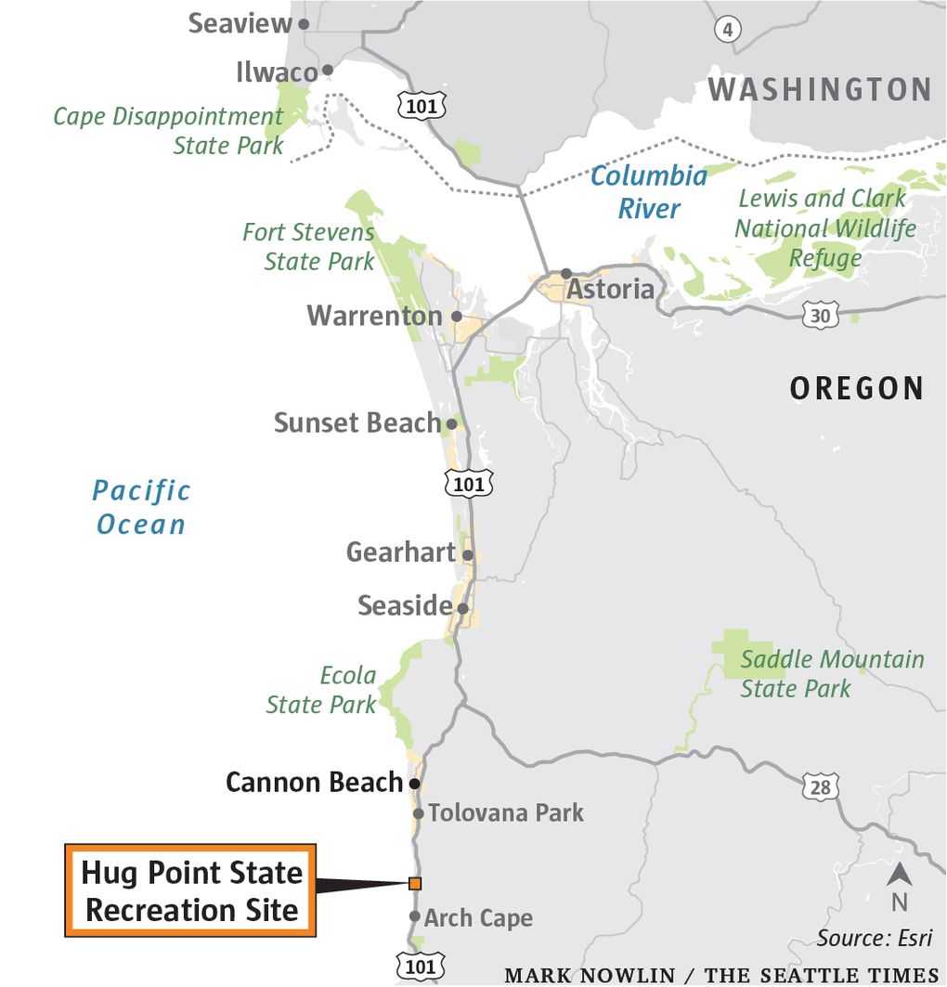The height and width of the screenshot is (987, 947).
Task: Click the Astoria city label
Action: [x=610, y=290]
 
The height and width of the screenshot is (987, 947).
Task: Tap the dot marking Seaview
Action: [x=304, y=23]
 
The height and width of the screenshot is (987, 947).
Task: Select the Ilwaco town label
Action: [x=276, y=71]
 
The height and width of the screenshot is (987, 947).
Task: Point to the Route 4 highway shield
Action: [x=728, y=30]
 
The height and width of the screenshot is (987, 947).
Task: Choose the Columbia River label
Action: [x=649, y=192]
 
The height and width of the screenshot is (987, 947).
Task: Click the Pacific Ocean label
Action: [x=142, y=507]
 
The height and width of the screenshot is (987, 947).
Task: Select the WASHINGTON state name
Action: [x=820, y=90]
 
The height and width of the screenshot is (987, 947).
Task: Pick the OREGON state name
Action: [x=856, y=388]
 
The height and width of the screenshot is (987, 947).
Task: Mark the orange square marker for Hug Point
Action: [x=414, y=883]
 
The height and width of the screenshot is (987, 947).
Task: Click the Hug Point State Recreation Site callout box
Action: [x=191, y=890]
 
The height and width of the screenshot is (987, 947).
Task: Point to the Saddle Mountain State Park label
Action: [x=831, y=674]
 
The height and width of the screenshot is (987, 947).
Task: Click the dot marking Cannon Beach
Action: [x=414, y=784]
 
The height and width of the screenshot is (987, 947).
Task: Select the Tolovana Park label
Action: [x=505, y=813]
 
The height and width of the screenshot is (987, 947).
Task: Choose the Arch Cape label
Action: [x=478, y=918]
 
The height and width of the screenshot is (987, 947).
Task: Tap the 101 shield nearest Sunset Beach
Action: [x=468, y=483]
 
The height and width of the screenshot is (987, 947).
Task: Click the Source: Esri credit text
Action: [x=874, y=938]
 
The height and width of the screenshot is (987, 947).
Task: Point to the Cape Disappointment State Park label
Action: [x=169, y=131]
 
